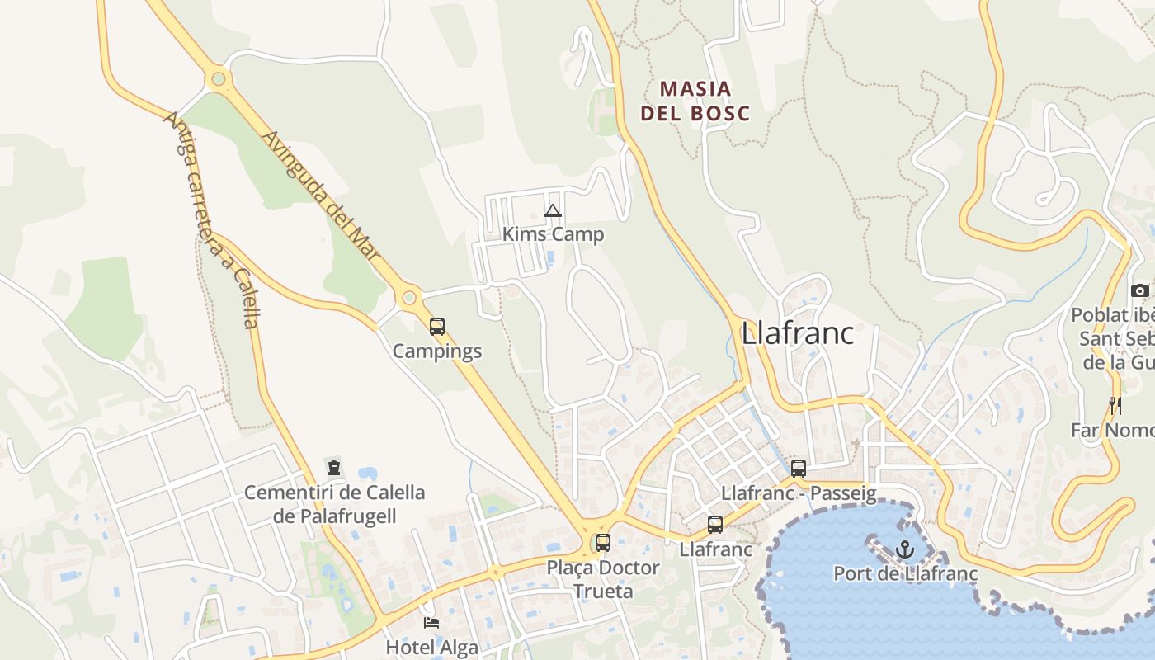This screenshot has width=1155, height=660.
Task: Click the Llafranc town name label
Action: [797, 333]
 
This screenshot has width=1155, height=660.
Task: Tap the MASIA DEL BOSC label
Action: [695, 101]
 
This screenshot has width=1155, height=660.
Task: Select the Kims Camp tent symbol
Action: [553, 211]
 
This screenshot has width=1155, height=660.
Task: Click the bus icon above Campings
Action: [437, 327]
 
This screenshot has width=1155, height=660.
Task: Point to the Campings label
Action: [436, 351]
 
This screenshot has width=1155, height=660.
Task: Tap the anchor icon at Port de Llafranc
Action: [905, 549]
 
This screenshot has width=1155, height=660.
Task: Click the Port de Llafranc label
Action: [905, 573]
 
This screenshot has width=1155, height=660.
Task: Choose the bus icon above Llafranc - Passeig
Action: [798, 469]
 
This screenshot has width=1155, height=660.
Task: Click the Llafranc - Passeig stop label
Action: [798, 493]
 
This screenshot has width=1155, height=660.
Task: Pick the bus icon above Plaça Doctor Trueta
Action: [603, 543]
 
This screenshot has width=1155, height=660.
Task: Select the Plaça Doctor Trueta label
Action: [603, 579]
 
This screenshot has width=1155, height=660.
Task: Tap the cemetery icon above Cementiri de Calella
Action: [334, 468]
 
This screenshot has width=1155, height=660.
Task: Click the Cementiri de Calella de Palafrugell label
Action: [334, 504]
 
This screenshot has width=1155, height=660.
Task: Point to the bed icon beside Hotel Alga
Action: [431, 622]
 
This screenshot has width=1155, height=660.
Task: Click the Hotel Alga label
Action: [432, 647]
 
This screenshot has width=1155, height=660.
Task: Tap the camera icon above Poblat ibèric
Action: [1139, 290]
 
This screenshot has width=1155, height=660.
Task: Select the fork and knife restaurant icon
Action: [1115, 405]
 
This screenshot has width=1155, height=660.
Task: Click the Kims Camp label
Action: [553, 234]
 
